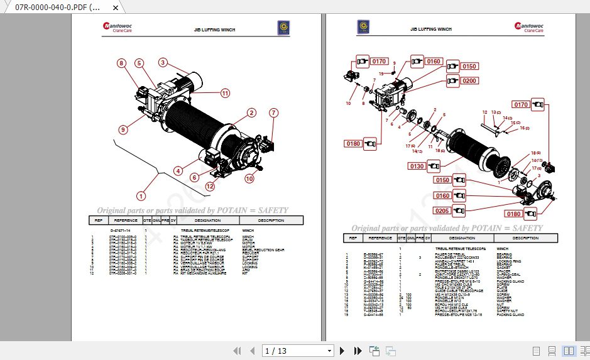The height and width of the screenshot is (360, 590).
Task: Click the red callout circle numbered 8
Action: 121,63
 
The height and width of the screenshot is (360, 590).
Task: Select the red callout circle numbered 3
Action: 163,62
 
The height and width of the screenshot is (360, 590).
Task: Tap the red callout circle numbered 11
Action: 225,93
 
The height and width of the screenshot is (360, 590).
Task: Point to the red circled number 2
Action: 251,113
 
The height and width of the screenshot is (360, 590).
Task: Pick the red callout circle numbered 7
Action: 273,113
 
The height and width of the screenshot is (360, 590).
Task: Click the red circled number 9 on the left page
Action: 123,130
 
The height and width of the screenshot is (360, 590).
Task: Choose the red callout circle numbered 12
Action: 210,186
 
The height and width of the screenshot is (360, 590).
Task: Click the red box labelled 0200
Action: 469,81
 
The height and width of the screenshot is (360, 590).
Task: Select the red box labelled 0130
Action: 417,166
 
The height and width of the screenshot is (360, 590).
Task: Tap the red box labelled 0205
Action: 442,210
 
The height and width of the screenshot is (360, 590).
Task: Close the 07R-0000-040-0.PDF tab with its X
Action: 115,8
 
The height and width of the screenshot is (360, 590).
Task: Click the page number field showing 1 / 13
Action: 298,351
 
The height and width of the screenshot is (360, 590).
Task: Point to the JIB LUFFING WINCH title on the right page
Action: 431,29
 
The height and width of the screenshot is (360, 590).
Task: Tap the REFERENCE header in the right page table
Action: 380,238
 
